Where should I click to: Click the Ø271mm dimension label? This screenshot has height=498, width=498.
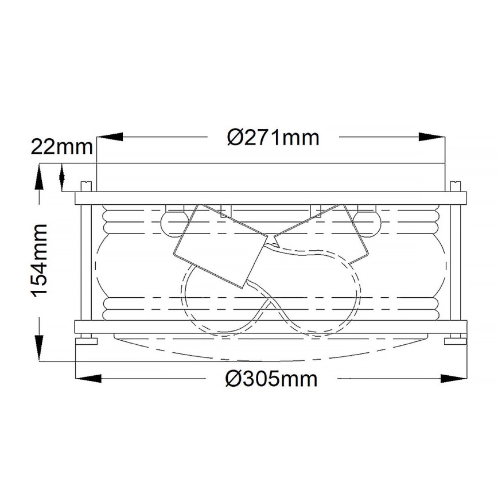[x=273, y=138]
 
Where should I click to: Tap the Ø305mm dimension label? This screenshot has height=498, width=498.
[x=272, y=379]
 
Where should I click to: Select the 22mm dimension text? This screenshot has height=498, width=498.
[x=61, y=147]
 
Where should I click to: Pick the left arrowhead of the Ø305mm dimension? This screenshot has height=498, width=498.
[x=90, y=379]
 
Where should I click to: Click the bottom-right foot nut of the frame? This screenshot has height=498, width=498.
[x=456, y=341]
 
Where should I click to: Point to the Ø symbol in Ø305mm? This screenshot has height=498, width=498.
[x=234, y=379]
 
